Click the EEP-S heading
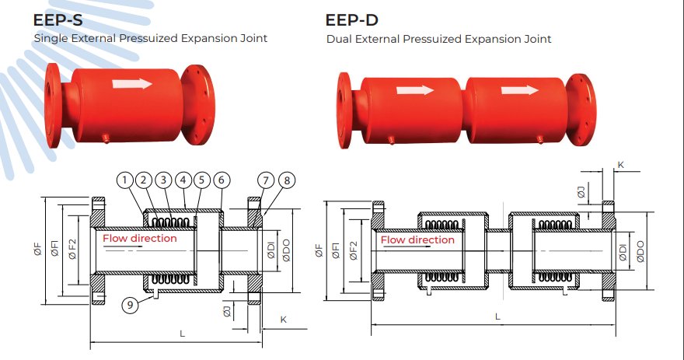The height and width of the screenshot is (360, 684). pyautogui.click(x=58, y=20)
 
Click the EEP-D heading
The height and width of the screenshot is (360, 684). pyautogui.click(x=351, y=20)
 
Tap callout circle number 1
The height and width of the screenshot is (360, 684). pyautogui.click(x=125, y=180)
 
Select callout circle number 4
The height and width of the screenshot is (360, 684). pyautogui.click(x=183, y=180)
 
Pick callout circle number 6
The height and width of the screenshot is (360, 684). pyautogui.click(x=222, y=180)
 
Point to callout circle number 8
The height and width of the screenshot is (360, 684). pyautogui.click(x=287, y=180)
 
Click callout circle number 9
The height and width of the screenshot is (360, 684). pyautogui.click(x=130, y=305)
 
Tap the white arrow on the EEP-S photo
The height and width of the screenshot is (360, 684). pyautogui.click(x=132, y=83)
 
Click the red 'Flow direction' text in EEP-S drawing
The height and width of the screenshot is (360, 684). pyautogui.click(x=140, y=238)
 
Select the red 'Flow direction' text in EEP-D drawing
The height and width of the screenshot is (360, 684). pyautogui.click(x=417, y=240)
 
